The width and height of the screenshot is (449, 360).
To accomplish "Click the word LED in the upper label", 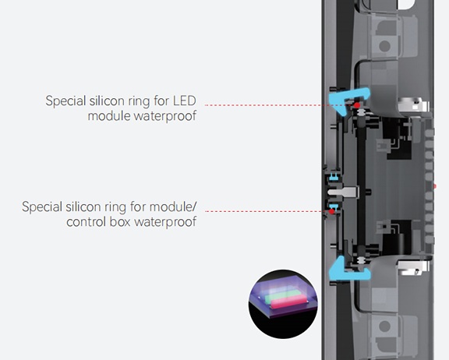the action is (185, 101).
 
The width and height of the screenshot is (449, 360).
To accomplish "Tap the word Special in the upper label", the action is (65, 101).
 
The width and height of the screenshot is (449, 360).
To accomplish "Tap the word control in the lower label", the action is (86, 222).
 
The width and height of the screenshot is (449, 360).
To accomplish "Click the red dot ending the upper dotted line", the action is (357, 105).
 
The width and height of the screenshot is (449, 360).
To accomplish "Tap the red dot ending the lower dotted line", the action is (331, 211).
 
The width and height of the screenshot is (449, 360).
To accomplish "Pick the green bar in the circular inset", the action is (282, 296).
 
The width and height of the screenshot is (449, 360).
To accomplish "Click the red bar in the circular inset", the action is (288, 302).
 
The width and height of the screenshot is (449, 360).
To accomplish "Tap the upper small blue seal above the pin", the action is (332, 176).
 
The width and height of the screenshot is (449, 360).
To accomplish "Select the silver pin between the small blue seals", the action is (343, 192).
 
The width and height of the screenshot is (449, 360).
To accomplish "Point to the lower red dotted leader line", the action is (267, 211).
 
